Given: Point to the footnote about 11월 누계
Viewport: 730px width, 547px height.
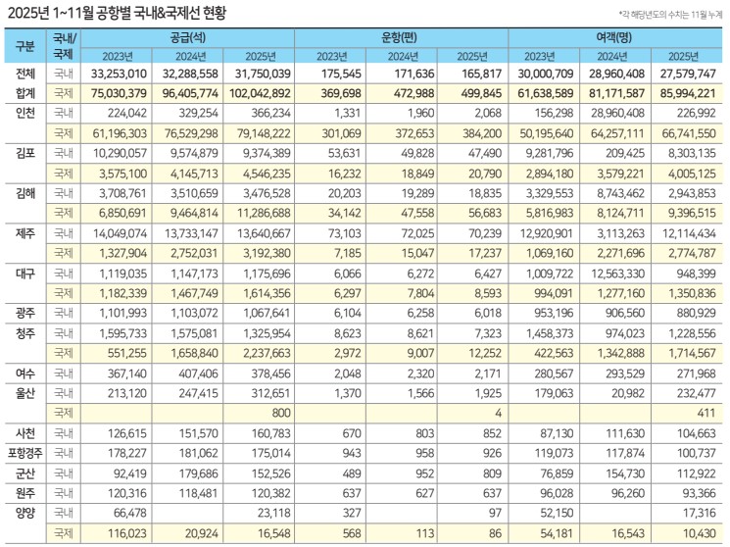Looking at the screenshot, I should click(x=668, y=14).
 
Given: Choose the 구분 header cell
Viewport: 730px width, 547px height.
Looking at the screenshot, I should click(x=25, y=46).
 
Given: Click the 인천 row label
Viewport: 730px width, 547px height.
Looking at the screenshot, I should click(x=25, y=113).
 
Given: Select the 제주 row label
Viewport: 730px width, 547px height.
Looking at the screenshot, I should click(x=25, y=232).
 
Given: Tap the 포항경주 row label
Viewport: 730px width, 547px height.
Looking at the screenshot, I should click(x=25, y=454).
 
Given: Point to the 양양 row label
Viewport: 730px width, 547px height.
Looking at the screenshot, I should click(x=25, y=513).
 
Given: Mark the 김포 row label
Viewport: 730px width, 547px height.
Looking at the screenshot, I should click(x=25, y=153).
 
